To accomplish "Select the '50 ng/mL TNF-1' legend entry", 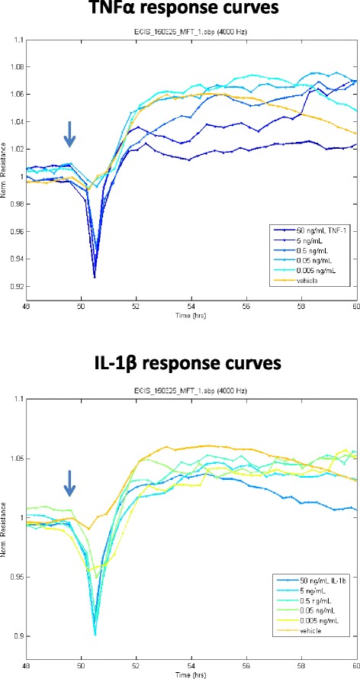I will click(x=312, y=230).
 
